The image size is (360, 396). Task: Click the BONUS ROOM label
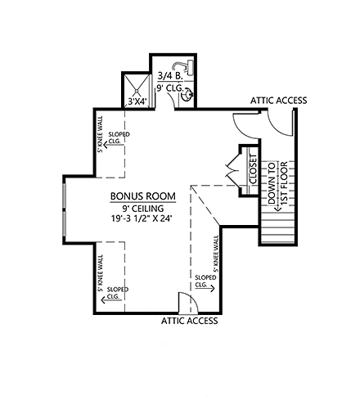[137, 197]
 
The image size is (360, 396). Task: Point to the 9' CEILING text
[137, 209]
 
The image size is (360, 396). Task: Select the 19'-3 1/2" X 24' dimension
[137, 220]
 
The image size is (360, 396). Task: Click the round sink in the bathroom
[188, 94]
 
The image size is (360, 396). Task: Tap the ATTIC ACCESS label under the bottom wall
[189, 321]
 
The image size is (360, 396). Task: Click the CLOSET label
[252, 170]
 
